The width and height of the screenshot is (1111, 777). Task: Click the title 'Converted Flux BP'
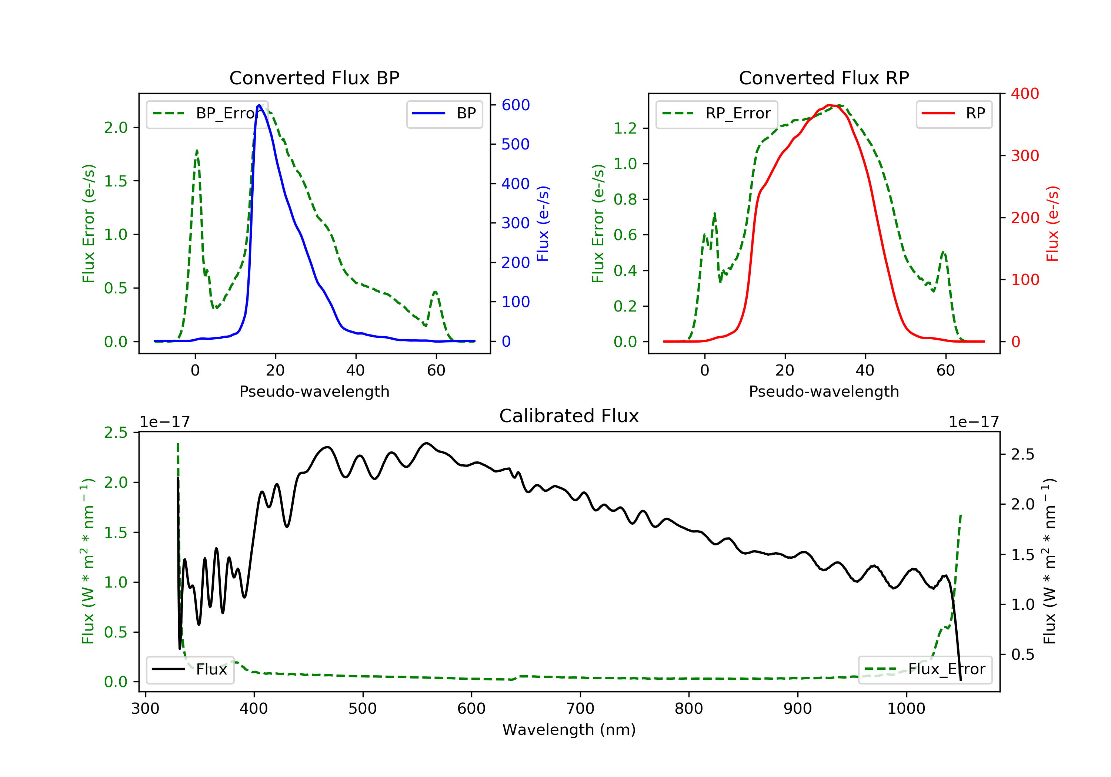pos(314,78)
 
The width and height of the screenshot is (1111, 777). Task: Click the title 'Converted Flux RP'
pos(824,78)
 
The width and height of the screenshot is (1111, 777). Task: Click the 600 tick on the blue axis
pos(516,105)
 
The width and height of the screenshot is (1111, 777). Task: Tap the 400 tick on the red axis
pos(1025,94)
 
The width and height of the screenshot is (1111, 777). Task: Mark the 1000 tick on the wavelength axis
pos(906,709)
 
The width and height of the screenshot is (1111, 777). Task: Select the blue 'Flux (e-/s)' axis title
pos(543,224)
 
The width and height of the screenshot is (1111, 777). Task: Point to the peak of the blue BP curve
pos(259,105)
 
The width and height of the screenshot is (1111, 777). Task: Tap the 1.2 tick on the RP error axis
pos(625,128)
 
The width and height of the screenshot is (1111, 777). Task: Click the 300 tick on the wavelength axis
pos(145,709)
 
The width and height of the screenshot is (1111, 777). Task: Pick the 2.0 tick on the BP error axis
pos(116,128)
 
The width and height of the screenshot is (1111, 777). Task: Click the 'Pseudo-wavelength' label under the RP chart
pos(824,391)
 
